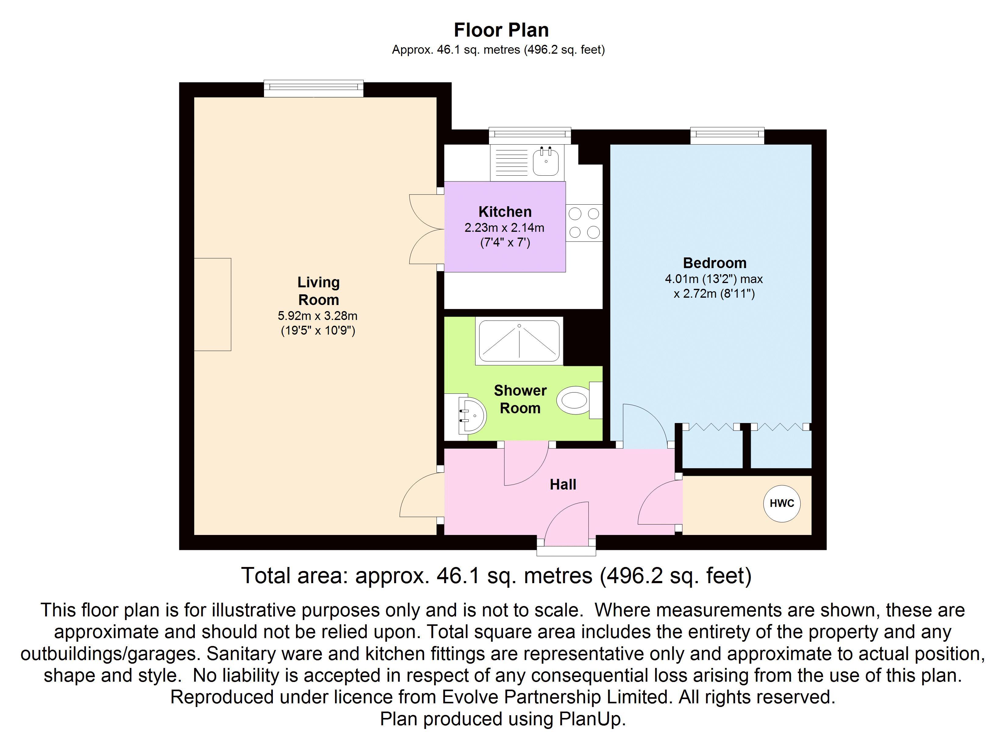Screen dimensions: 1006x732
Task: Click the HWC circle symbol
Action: point(782,503)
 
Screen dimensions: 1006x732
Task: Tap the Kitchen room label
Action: point(505,212)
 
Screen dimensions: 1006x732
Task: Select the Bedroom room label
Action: point(715,263)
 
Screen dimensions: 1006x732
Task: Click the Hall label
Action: point(563,484)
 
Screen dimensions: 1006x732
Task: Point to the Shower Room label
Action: point(520,399)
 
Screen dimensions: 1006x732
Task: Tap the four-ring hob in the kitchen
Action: point(584,223)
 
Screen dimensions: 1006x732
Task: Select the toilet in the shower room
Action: point(579,400)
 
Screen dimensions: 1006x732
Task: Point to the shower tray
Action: point(519,341)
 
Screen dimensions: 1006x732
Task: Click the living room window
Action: point(314,88)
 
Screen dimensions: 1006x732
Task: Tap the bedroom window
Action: point(727,135)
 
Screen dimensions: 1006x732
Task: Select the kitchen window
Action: point(530,135)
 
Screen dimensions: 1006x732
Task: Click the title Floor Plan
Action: point(501,30)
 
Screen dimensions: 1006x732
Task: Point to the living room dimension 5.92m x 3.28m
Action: point(318,316)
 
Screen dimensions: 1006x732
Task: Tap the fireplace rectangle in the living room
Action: point(212,304)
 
